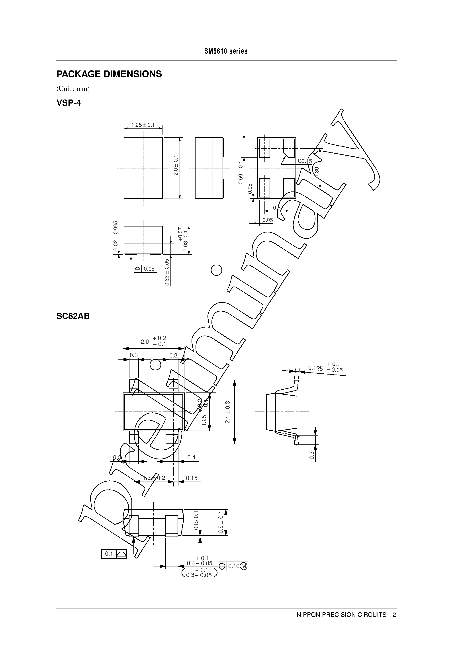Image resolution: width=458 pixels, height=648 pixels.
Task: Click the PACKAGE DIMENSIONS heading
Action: click(109, 74)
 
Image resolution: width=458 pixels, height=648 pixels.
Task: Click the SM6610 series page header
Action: click(226, 51)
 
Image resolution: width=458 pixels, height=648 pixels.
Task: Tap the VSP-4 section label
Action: click(69, 103)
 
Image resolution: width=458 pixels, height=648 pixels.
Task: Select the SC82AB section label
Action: click(73, 316)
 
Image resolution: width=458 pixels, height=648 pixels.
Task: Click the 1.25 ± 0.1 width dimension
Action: click(143, 125)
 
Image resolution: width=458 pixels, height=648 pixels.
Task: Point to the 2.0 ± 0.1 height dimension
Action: click(176, 165)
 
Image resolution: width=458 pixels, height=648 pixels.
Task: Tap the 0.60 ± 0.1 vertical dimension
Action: click(241, 173)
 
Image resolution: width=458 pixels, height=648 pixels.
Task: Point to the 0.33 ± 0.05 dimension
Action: click(167, 272)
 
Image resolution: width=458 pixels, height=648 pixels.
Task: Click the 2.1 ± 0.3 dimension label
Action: click(228, 412)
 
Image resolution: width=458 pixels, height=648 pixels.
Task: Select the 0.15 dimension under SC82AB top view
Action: click(192, 478)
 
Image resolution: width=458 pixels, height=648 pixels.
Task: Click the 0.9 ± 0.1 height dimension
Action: click(221, 522)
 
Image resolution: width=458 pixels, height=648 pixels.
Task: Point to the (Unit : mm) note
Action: click(73, 89)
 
